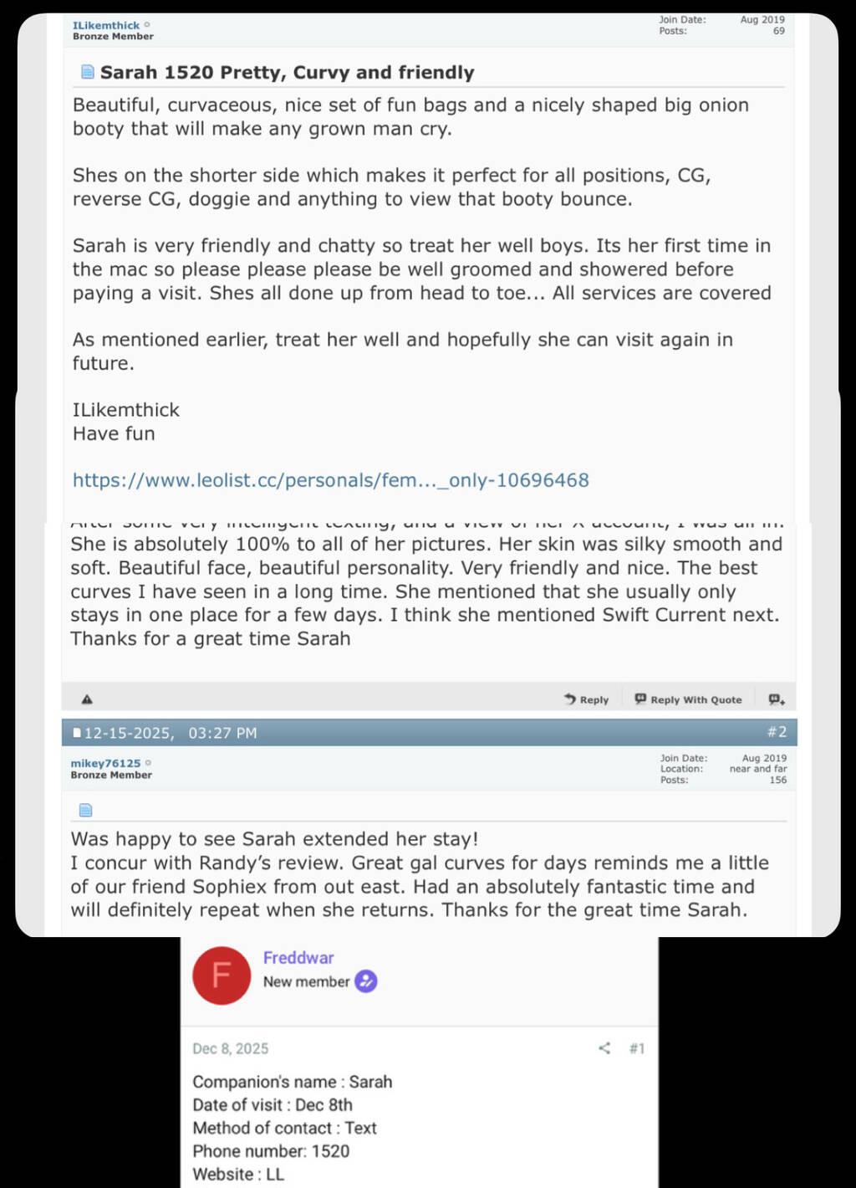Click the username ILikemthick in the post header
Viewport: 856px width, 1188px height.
tap(106, 25)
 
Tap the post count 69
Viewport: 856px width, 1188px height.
tap(778, 31)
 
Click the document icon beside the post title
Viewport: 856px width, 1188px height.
tap(87, 72)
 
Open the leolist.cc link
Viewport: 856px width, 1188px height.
tap(330, 480)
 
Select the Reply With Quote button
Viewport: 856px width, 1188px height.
tap(688, 699)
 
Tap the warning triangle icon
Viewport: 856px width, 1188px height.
tap(87, 699)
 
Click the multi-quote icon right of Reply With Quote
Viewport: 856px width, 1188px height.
tap(777, 699)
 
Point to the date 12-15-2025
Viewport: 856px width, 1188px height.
tap(129, 733)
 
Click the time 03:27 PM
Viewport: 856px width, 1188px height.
tap(222, 733)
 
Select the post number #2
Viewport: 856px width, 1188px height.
tap(777, 732)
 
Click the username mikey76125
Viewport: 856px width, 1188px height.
tap(105, 763)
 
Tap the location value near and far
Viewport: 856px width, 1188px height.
tap(757, 769)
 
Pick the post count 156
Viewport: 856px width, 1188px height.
tap(777, 780)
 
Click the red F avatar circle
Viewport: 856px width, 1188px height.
tap(222, 975)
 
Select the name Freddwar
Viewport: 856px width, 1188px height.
tap(298, 958)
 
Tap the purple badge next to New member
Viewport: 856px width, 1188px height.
tap(366, 981)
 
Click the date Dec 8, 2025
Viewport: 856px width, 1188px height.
tap(231, 1048)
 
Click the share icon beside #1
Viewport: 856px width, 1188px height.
tap(604, 1048)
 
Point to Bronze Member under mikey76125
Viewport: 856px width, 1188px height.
tap(111, 775)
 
